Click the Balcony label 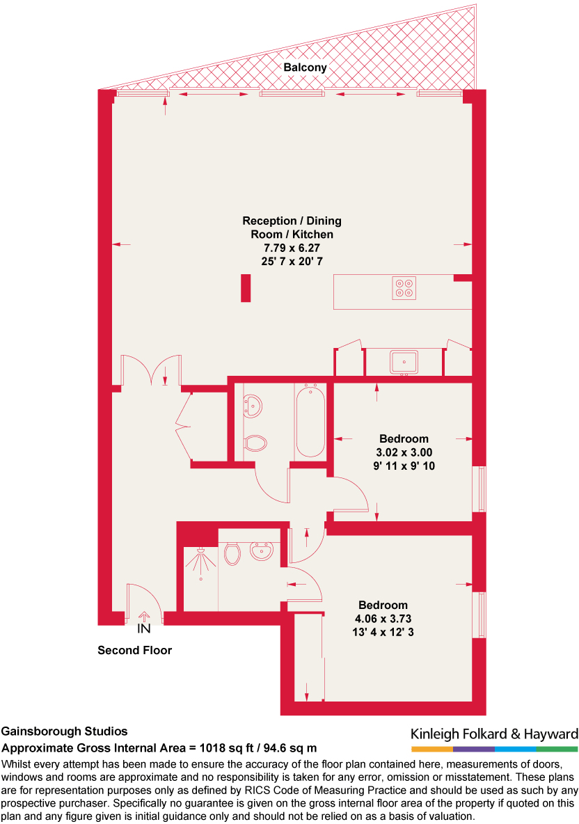coord(305,68)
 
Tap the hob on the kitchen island coord(404,288)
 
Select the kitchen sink coord(404,363)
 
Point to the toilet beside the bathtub coord(255,442)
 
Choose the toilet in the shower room coord(232,554)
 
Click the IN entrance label coord(144,629)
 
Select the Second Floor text coord(134,651)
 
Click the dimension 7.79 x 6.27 coord(292,247)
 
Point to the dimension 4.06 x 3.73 coord(383,618)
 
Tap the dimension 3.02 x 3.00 coord(404,452)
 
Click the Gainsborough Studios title coord(65,731)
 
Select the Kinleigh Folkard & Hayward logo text coord(494,734)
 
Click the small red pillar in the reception coord(246,288)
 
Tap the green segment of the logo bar coord(557,749)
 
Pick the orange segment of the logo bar coord(432,749)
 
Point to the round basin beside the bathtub coord(252,406)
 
